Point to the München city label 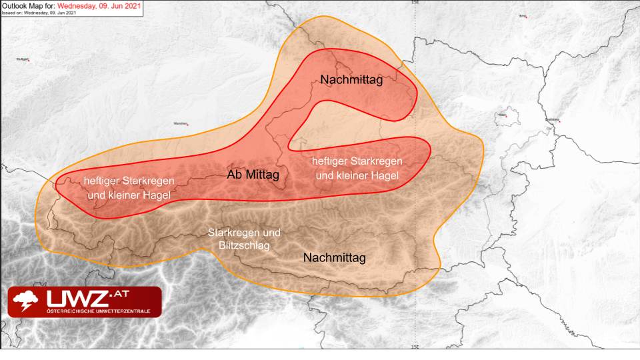point(180,123)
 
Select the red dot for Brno point(526,16)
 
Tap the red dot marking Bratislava point(559,121)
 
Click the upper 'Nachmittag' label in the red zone point(351,80)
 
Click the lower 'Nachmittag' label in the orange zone point(334,257)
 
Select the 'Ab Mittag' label point(253,175)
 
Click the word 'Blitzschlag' point(244,245)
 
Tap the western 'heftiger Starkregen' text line point(129,181)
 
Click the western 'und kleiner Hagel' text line point(129,195)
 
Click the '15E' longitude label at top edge point(415,3)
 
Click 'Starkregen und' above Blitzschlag point(244,233)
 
